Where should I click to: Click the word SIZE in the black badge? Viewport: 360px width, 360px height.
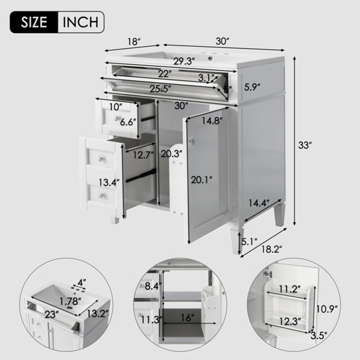[x=34, y=22]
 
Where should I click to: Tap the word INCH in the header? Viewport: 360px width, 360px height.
[x=80, y=22]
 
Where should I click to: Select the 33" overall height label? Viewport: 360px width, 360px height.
[x=305, y=145]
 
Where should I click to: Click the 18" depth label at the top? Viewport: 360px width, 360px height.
[x=134, y=42]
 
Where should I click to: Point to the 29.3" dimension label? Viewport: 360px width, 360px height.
[x=184, y=61]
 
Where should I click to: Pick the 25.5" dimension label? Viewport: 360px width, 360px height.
[x=160, y=89]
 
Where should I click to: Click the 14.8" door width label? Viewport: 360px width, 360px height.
[x=212, y=121]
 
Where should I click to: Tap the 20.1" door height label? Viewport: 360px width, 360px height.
[x=202, y=180]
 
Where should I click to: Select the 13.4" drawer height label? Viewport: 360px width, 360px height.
[x=109, y=183]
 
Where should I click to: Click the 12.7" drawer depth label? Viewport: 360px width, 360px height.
[x=143, y=155]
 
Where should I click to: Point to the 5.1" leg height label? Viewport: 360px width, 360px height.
[x=249, y=241]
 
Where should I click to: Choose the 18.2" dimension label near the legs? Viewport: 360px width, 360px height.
[x=272, y=249]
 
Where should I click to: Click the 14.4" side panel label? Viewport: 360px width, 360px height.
[x=259, y=203]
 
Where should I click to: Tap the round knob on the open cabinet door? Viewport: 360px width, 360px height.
[x=192, y=142]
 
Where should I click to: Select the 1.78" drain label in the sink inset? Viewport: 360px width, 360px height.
[x=70, y=301]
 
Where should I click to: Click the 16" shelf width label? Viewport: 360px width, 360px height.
[x=187, y=318]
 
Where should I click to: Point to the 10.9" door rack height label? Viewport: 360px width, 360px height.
[x=327, y=309]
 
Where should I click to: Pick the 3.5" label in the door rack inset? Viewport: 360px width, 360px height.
[x=319, y=336]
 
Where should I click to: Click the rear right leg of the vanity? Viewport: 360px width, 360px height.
[x=280, y=215]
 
